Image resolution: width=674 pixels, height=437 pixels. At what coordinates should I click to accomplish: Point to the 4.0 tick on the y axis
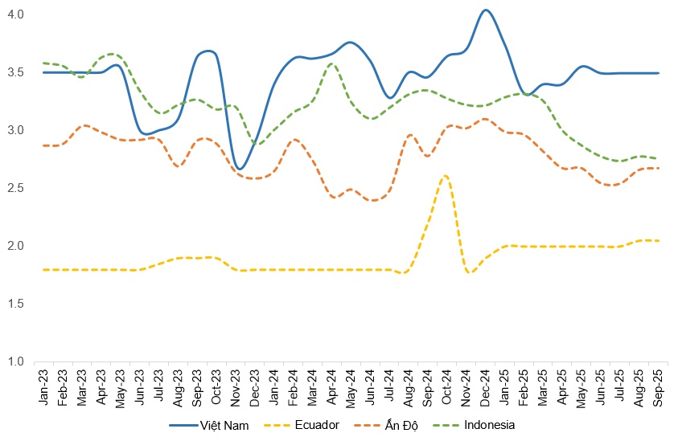[x=17, y=14]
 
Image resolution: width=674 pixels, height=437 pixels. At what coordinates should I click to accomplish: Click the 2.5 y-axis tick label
[x=17, y=188]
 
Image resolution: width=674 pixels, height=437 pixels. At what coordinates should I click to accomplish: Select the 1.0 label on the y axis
[x=17, y=361]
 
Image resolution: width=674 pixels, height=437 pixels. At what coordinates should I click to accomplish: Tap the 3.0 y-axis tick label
[x=17, y=130]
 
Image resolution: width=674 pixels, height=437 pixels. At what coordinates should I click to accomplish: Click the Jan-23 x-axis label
[x=43, y=383]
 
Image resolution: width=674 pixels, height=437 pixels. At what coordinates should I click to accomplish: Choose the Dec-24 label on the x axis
[x=486, y=383]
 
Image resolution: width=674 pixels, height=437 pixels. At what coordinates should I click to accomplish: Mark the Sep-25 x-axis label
[x=660, y=383]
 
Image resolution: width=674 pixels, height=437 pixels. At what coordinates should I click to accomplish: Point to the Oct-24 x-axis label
[x=447, y=383]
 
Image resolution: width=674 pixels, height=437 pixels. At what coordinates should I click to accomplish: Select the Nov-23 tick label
[x=236, y=383]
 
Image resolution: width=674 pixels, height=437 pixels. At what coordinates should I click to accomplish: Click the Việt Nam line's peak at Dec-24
[x=486, y=10]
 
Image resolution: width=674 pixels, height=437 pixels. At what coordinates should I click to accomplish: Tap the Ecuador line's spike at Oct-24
[x=445, y=176]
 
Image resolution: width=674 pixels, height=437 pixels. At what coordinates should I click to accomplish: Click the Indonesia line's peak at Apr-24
[x=331, y=63]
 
